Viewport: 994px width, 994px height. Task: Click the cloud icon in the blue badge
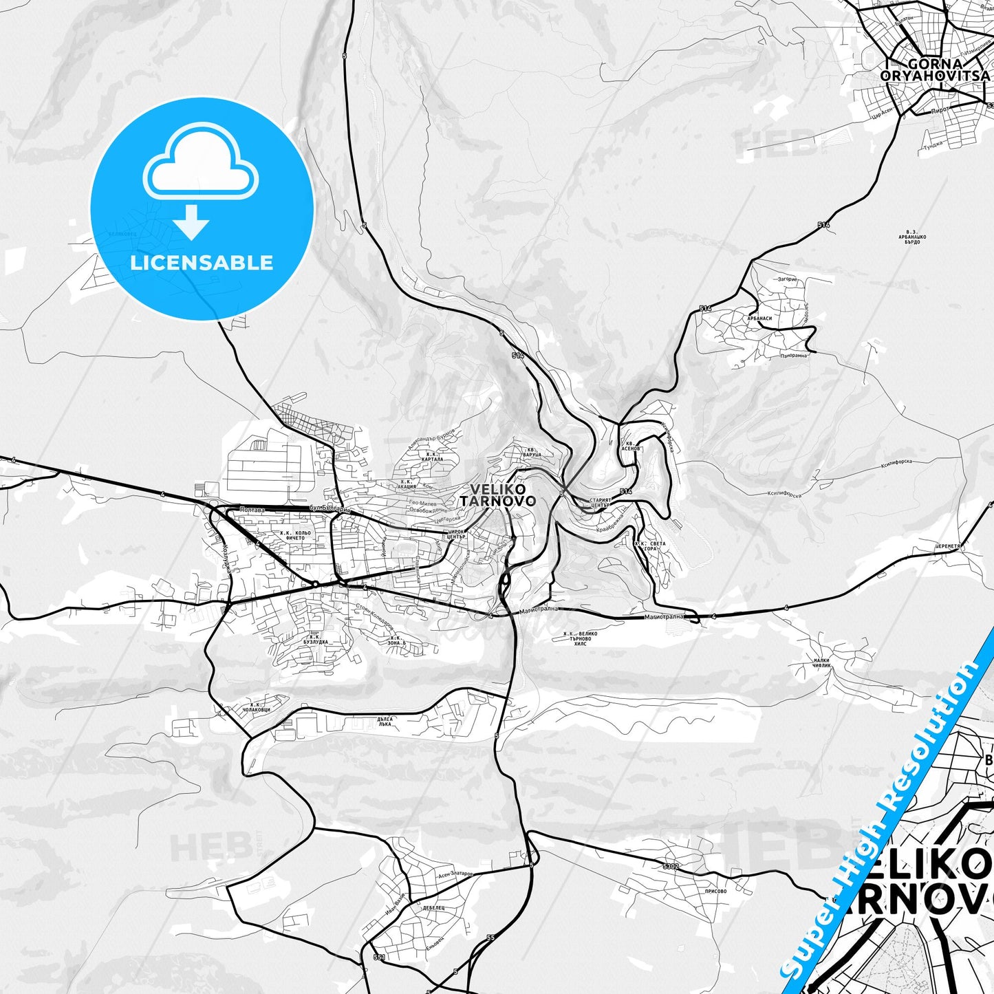(201, 165)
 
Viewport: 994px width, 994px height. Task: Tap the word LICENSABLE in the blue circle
(202, 262)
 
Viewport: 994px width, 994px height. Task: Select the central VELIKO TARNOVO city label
(497, 495)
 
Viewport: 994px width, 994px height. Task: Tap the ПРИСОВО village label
(716, 891)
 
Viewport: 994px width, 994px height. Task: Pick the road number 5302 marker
(671, 866)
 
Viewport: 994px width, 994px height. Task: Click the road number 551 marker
(379, 957)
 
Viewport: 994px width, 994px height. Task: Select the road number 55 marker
(490, 938)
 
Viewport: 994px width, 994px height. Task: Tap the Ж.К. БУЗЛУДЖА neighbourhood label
(316, 640)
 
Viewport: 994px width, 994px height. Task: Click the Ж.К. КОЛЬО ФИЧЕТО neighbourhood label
(295, 535)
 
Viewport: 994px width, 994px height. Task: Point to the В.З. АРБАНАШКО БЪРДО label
(912, 237)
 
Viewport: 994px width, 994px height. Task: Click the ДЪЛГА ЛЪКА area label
(385, 722)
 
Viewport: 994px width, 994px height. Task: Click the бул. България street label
(329, 509)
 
